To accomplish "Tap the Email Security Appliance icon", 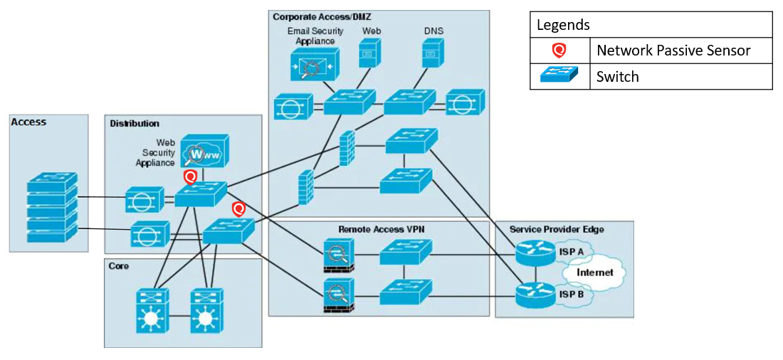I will coord(313,68).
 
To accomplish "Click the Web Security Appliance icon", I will coord(204,152).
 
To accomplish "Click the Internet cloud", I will coord(594,272).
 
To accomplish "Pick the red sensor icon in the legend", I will coord(559,51).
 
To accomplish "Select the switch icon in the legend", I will coord(559,76).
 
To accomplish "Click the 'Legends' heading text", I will coord(563,25).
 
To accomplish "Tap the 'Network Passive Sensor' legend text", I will coord(673,51).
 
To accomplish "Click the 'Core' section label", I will coord(119,265).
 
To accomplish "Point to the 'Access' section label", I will coord(28,122).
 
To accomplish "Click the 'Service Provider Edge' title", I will coord(557,229).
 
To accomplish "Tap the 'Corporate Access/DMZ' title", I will coord(321,16).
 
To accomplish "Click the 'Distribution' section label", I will coord(135,124).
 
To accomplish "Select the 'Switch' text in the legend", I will coord(618,77).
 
